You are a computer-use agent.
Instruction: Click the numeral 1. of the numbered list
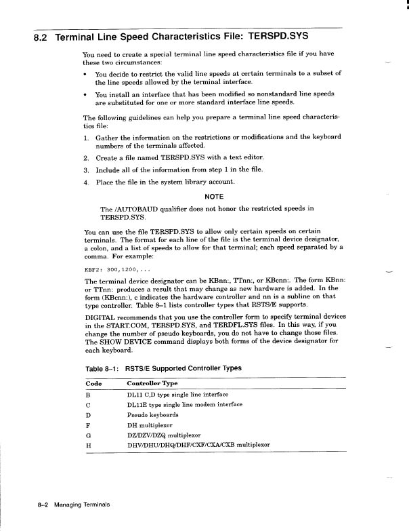[x=87, y=136]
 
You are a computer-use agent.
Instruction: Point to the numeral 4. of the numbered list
[x=87, y=182]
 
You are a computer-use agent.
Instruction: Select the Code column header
[x=93, y=384]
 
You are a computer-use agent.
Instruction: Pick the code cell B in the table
[x=89, y=395]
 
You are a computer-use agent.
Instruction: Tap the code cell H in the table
[x=89, y=446]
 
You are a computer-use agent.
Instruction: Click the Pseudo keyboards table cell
[x=153, y=415]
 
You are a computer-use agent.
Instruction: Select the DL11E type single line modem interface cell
[x=185, y=405]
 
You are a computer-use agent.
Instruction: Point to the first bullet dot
[x=86, y=74]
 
